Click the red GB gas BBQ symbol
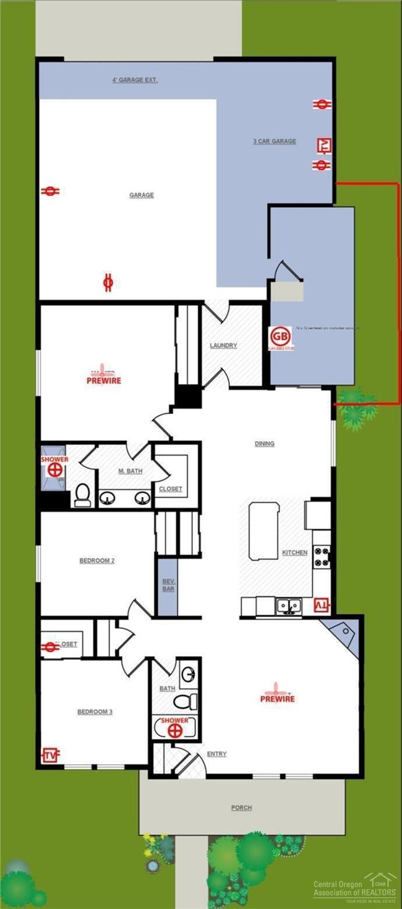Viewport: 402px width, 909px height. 280,336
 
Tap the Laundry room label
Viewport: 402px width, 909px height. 223,346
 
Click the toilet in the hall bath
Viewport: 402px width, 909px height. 184,701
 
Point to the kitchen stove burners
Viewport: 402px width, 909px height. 322,557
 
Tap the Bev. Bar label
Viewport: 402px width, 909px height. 168,585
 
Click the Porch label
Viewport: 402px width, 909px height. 242,808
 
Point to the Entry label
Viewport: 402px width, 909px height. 216,754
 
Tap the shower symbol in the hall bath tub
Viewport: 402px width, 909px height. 175,728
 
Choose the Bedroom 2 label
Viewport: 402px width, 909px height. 97,561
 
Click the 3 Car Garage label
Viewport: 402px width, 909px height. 275,141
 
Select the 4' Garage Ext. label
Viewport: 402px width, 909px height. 135,80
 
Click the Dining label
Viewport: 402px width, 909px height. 265,443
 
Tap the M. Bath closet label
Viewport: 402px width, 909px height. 171,489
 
